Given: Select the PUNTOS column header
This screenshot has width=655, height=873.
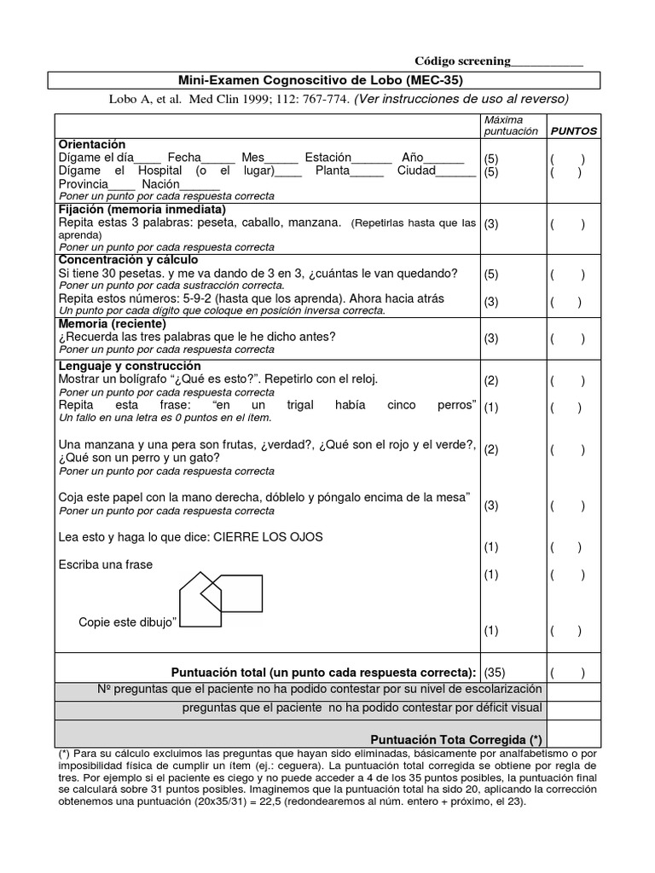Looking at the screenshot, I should tap(573, 131).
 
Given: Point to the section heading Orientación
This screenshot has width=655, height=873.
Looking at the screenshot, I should tap(91, 145).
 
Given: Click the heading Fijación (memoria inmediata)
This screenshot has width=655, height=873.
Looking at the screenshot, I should tap(142, 209).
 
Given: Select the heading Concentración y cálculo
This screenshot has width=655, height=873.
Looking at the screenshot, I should tap(128, 259).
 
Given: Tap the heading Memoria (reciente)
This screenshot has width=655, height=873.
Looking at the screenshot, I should tap(112, 324).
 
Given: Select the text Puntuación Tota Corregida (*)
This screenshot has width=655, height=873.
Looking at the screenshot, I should tap(456, 739).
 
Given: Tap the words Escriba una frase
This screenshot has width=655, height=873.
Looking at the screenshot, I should tap(106, 564).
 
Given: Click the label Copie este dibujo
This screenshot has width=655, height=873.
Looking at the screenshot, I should tap(128, 622).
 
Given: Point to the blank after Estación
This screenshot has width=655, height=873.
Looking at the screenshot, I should tap(371, 159).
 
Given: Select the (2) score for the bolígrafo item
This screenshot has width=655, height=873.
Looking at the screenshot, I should tap(491, 380).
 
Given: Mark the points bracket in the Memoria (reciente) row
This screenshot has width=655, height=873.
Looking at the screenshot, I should tap(567, 338).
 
